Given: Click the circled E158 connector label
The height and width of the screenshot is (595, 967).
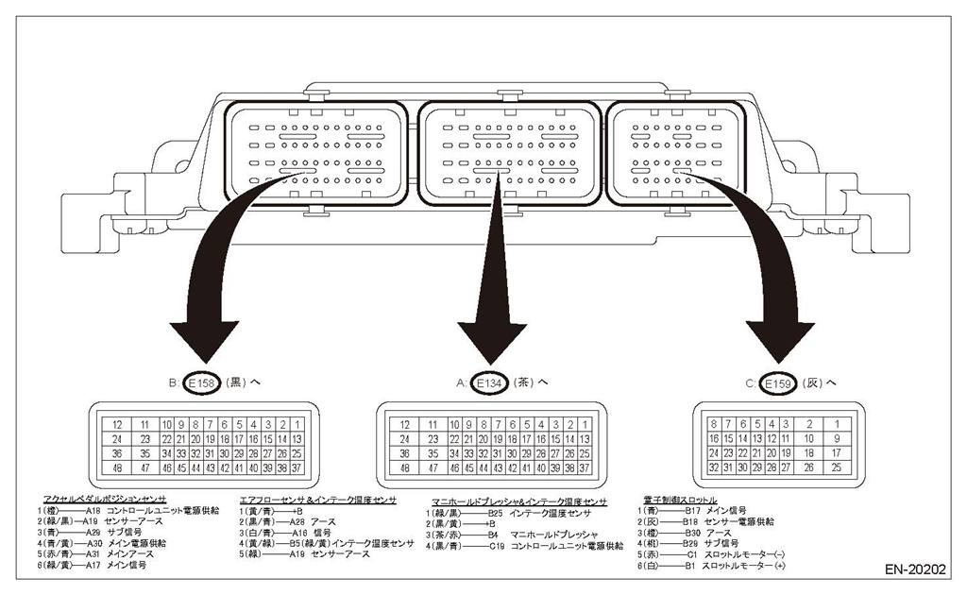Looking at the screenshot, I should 202,383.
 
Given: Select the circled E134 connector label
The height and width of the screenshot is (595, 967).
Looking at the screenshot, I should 488,383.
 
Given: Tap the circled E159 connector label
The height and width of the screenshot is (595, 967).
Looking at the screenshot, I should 778,383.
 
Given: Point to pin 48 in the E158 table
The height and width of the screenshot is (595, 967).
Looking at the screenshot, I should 116,467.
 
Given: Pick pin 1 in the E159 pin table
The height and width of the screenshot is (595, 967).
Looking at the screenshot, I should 837,425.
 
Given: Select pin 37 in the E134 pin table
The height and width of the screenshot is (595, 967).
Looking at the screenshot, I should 585,467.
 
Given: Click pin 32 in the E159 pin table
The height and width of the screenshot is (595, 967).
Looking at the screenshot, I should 716,467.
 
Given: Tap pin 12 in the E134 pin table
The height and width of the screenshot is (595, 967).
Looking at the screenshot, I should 405,425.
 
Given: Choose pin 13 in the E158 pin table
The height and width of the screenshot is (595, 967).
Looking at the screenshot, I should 297,439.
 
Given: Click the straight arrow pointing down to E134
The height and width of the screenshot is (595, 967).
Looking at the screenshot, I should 491,283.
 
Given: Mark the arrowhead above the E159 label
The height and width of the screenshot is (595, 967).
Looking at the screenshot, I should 780,335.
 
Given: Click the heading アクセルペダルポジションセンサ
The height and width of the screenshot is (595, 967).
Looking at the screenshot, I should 105,499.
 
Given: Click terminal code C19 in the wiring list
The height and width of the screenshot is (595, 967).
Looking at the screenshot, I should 497,545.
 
